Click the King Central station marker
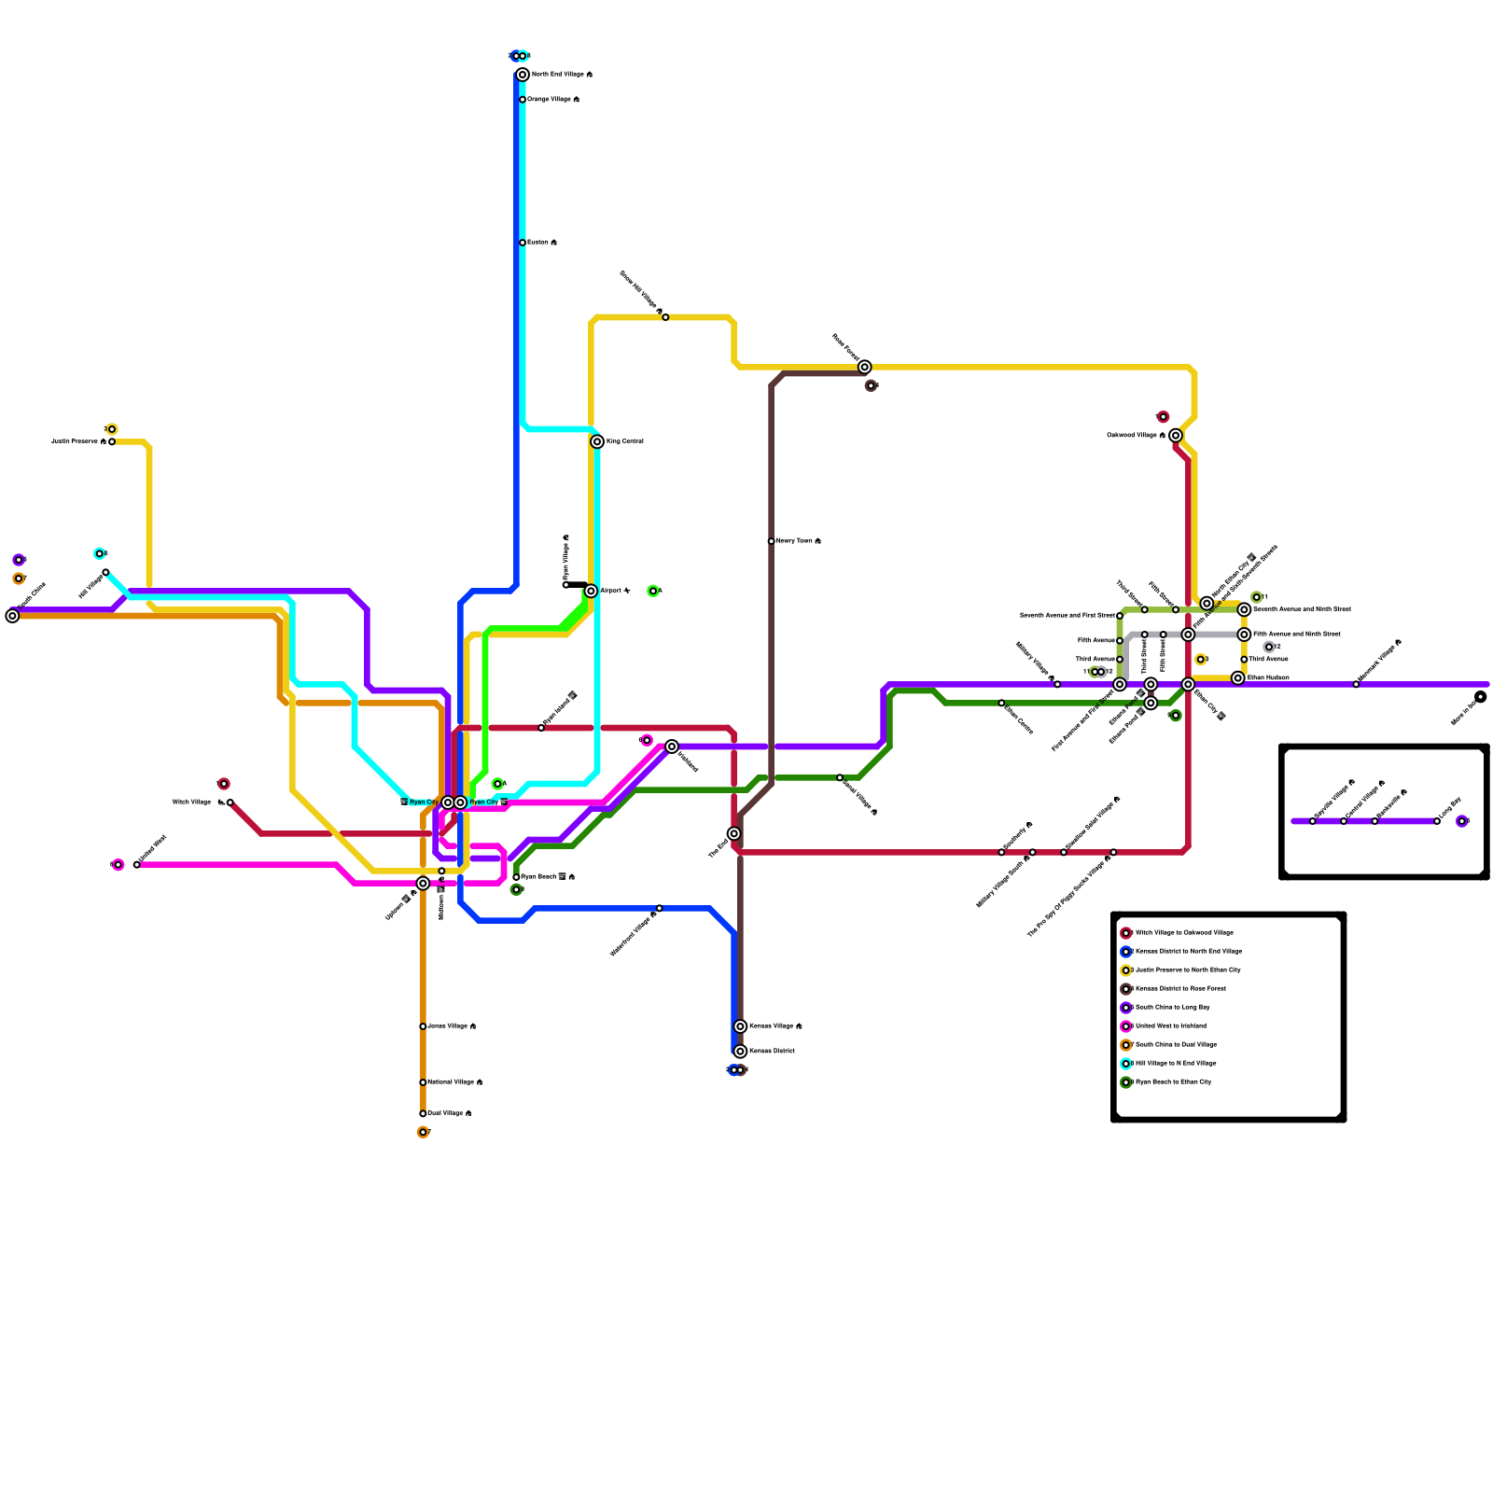tap(597, 441)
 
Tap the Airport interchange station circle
tap(591, 591)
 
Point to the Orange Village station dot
tap(523, 100)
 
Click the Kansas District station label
tap(772, 1052)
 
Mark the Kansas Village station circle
tap(740, 1026)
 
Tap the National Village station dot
tap(423, 1082)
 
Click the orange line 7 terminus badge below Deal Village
tap(423, 1133)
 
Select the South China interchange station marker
tap(12, 616)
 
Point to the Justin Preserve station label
tap(78, 441)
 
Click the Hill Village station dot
tap(105, 572)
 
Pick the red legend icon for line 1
tap(1126, 933)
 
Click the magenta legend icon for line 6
tap(1126, 1026)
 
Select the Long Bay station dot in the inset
tap(1437, 821)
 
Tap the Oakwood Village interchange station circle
tap(1176, 436)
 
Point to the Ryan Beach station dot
tap(516, 877)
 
